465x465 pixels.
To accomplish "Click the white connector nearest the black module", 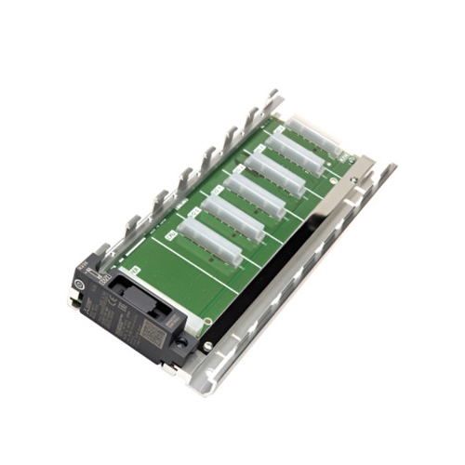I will click(210, 241).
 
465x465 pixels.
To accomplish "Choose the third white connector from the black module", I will click(251, 196).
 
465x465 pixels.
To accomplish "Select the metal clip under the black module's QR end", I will click(166, 368).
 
